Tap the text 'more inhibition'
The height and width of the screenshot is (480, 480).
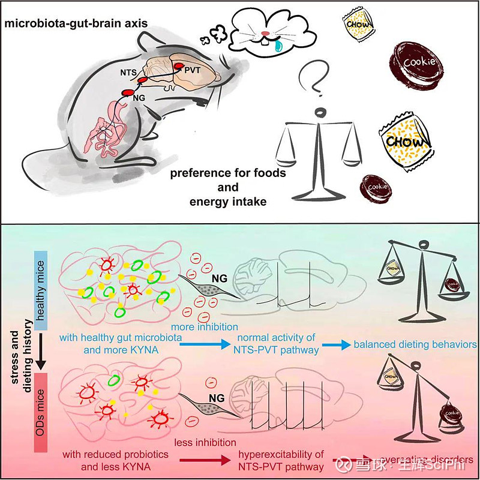click(205, 326)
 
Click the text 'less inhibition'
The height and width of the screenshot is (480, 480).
click(205, 443)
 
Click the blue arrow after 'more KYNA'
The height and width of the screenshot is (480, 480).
click(205, 345)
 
